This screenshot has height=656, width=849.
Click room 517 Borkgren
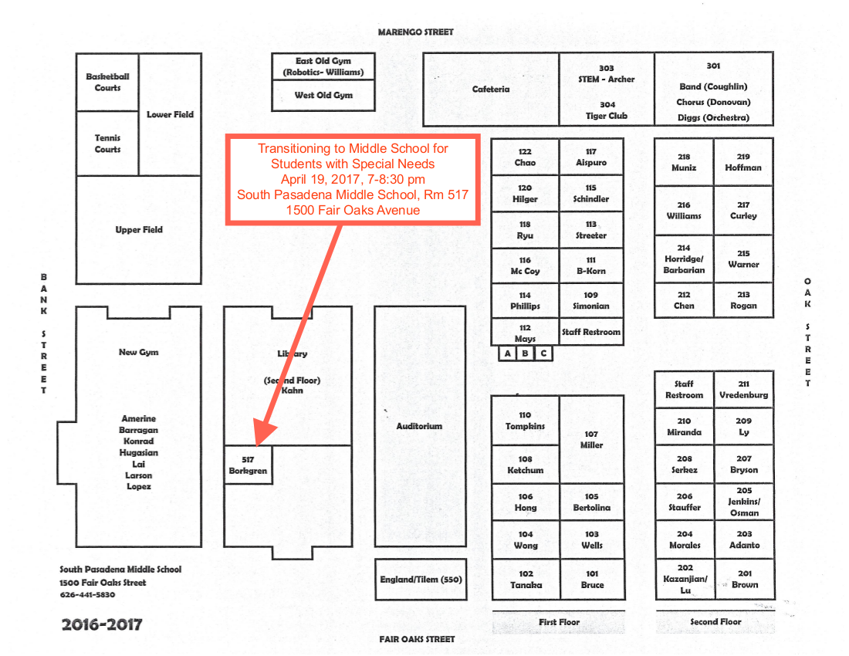pyautogui.click(x=248, y=465)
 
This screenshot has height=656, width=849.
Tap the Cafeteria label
pyautogui.click(x=491, y=90)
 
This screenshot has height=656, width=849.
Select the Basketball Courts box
pyautogui.click(x=107, y=83)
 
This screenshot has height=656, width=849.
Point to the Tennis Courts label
pyautogui.click(x=107, y=144)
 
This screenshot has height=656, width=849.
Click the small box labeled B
pyautogui.click(x=526, y=354)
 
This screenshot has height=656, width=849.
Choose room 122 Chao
pyautogui.click(x=525, y=157)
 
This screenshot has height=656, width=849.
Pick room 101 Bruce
pyautogui.click(x=592, y=580)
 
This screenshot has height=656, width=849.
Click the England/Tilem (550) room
pyautogui.click(x=421, y=580)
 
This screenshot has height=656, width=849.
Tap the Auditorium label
pyautogui.click(x=419, y=426)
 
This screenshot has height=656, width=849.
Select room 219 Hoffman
pyautogui.click(x=743, y=162)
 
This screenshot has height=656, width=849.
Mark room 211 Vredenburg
pyautogui.click(x=743, y=389)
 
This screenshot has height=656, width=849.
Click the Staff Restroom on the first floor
pyautogui.click(x=591, y=332)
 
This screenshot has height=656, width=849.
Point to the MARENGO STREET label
pyautogui.click(x=416, y=32)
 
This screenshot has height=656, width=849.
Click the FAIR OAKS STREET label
pyautogui.click(x=417, y=639)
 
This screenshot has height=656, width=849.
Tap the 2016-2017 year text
pyautogui.click(x=102, y=624)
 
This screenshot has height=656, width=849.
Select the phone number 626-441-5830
pyautogui.click(x=87, y=595)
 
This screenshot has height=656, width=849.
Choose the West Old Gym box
pyautogui.click(x=323, y=96)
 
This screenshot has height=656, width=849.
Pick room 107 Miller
pyautogui.click(x=591, y=440)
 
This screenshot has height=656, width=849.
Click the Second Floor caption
pyautogui.click(x=715, y=621)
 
